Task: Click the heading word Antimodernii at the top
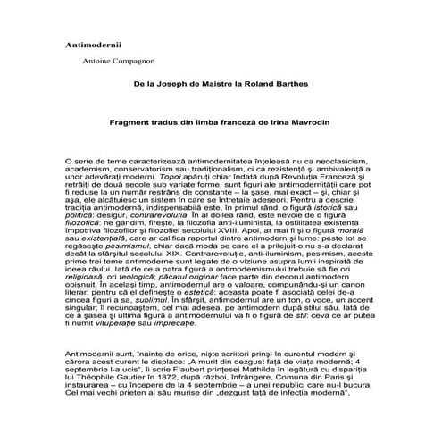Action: [95, 44]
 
